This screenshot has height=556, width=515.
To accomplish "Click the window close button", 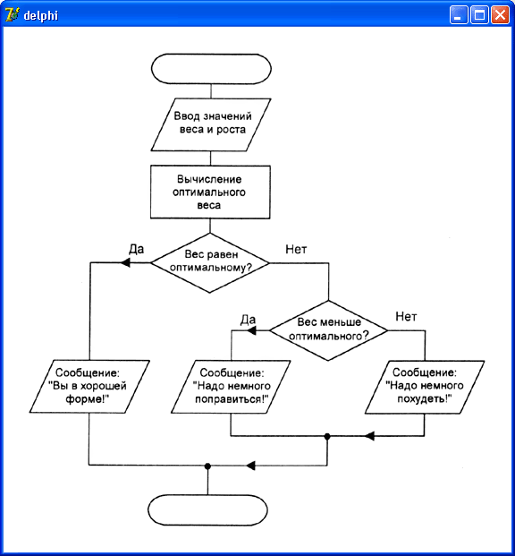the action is [x=500, y=15].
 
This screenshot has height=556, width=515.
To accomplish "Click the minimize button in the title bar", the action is [x=459, y=15].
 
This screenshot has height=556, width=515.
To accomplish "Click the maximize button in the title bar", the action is [x=479, y=15].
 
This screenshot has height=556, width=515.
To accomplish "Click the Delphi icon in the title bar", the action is [x=13, y=15].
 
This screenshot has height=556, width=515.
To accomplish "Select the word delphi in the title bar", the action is [x=41, y=15].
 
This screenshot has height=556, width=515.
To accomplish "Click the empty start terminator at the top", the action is [x=211, y=69].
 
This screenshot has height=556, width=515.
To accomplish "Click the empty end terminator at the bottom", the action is [x=207, y=510].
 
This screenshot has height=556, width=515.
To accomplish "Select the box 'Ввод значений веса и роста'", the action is [x=211, y=124].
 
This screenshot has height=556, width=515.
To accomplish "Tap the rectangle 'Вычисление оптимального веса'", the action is [x=210, y=192].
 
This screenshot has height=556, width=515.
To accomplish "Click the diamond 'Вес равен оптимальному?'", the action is [x=210, y=262].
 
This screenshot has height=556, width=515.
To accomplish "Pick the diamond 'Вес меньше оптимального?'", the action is [x=328, y=330].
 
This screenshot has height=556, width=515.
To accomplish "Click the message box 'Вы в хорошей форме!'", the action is [x=89, y=387].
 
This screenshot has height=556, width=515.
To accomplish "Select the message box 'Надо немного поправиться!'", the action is [x=231, y=387].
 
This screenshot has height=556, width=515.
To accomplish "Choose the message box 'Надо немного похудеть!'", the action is [x=425, y=387].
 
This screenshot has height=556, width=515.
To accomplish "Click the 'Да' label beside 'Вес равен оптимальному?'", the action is [x=137, y=249].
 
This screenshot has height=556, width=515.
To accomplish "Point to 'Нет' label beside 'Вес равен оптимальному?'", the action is [x=296, y=249].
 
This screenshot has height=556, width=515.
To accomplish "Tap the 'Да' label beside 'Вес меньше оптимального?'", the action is [x=248, y=320].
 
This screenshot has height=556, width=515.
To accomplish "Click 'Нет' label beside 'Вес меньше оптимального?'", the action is [x=406, y=316].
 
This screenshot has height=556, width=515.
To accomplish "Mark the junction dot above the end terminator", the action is [x=208, y=466].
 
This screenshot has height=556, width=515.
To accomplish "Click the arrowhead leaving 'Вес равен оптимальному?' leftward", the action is [x=125, y=262].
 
